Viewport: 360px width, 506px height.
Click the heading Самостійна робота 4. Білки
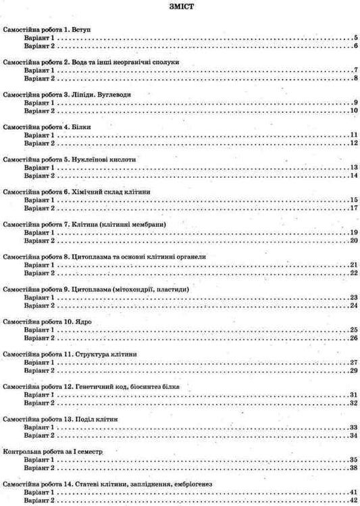pyautogui.click(x=47, y=127)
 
